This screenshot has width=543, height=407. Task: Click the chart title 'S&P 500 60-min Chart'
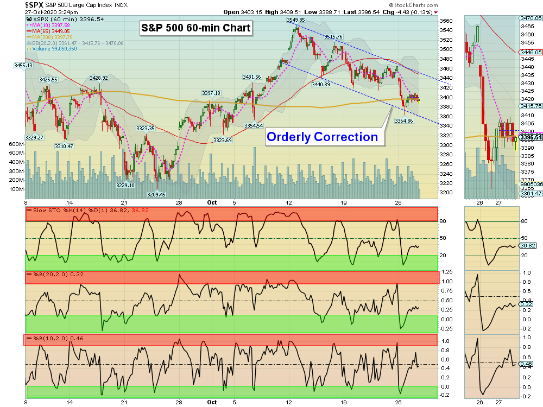[197, 28]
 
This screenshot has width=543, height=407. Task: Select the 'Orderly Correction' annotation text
[321, 137]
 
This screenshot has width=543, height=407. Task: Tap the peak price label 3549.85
[296, 20]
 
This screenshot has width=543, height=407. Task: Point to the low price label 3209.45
[156, 194]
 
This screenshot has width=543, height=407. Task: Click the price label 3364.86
[403, 120]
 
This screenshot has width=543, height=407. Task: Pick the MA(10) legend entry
[51, 24]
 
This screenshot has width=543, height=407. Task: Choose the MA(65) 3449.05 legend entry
[51, 31]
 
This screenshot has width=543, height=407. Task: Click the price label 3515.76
[333, 36]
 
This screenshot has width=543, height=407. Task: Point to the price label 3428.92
[99, 78]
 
